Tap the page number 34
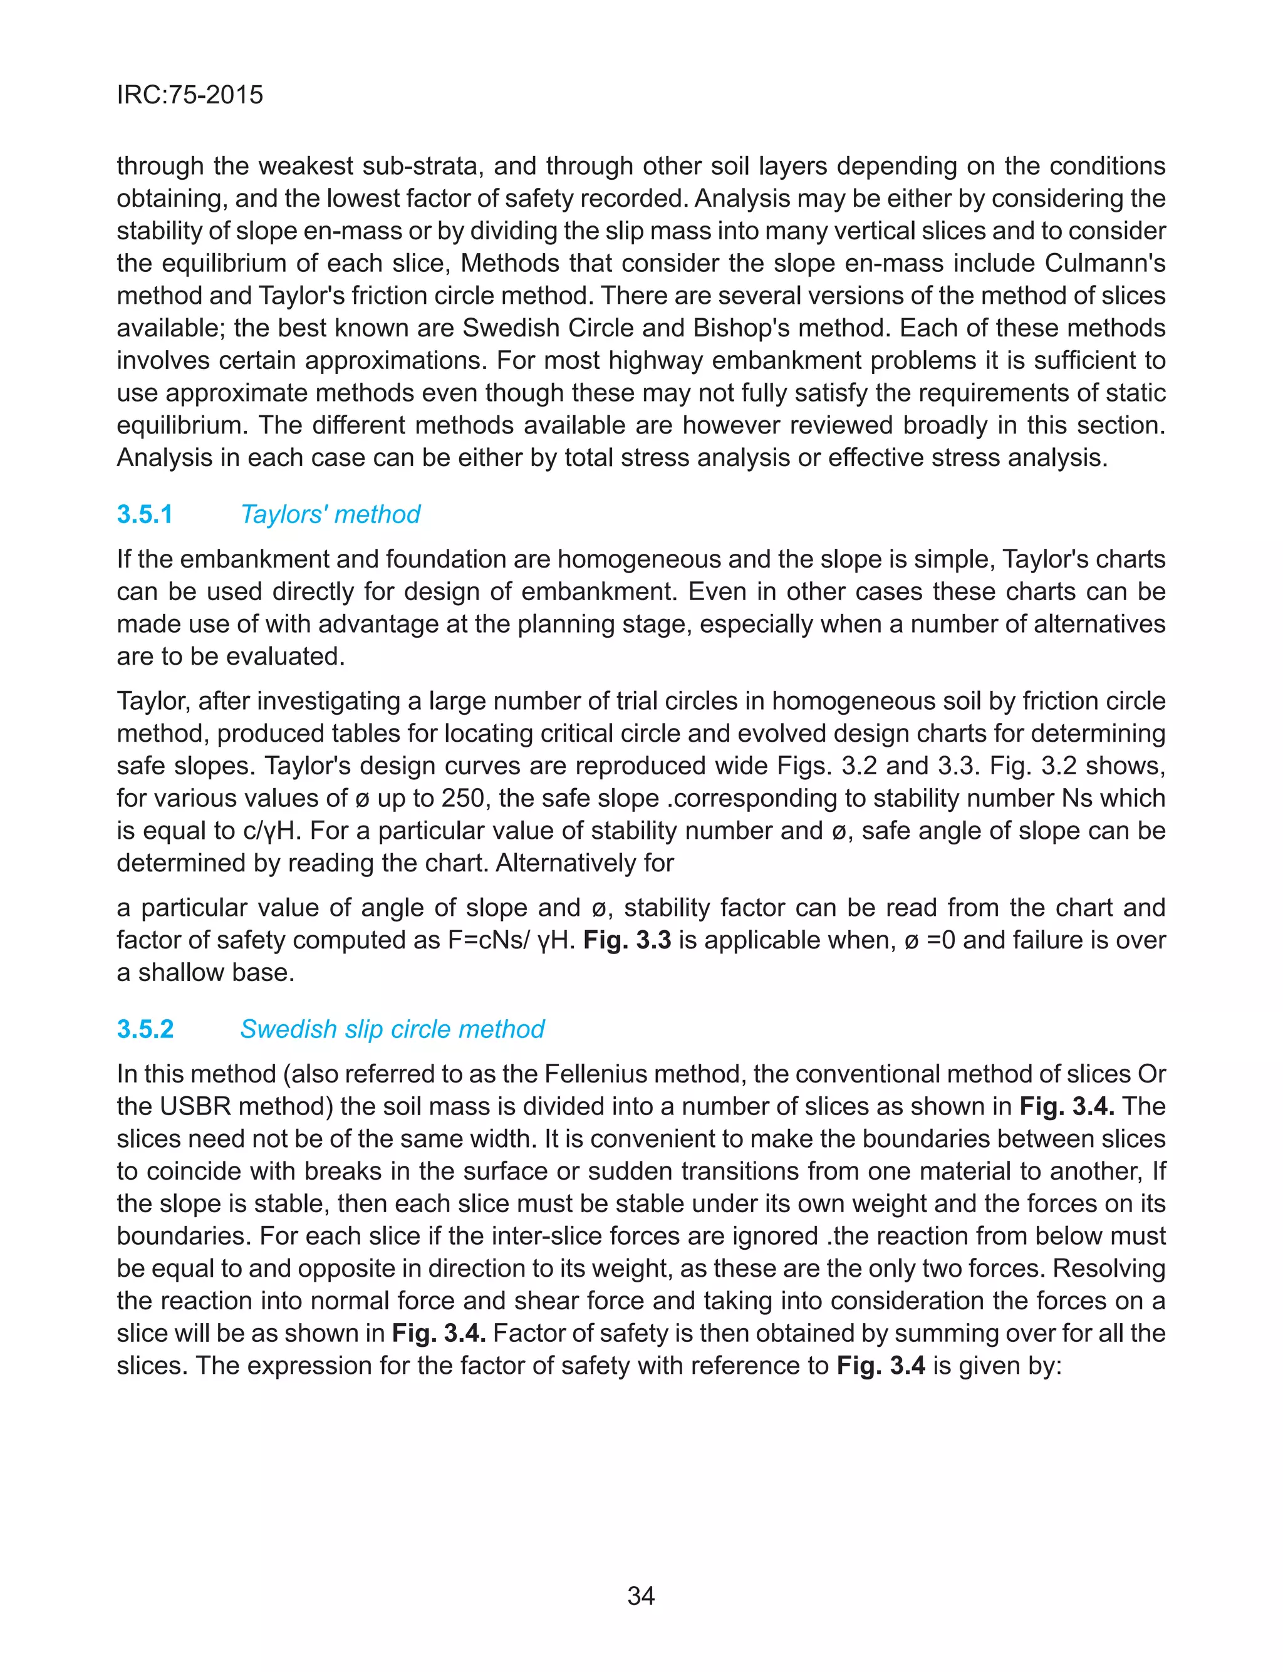pyautogui.click(x=641, y=1596)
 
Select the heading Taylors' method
pyautogui.click(x=330, y=514)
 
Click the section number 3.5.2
pyautogui.click(x=145, y=1029)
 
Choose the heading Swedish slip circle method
pyautogui.click(x=392, y=1029)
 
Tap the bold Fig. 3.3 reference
pyautogui.click(x=627, y=940)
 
